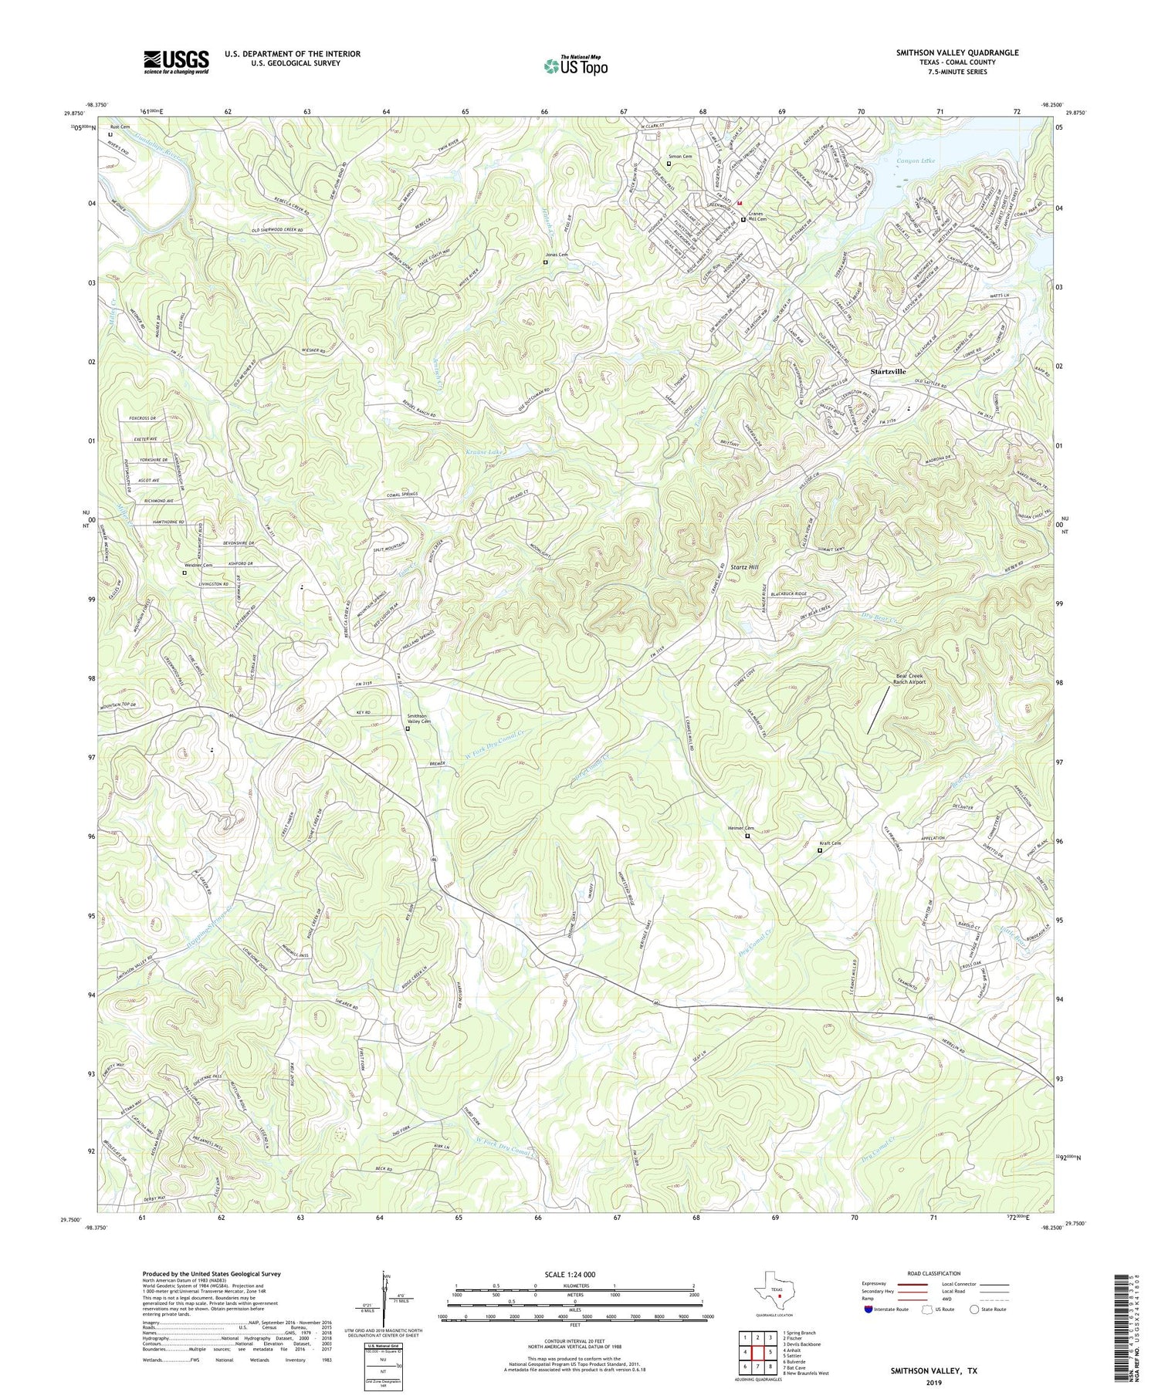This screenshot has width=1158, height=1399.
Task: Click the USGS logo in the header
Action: (x=176, y=62)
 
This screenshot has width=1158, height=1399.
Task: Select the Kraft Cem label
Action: (x=830, y=843)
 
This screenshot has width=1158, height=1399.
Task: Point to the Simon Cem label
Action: (x=679, y=156)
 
